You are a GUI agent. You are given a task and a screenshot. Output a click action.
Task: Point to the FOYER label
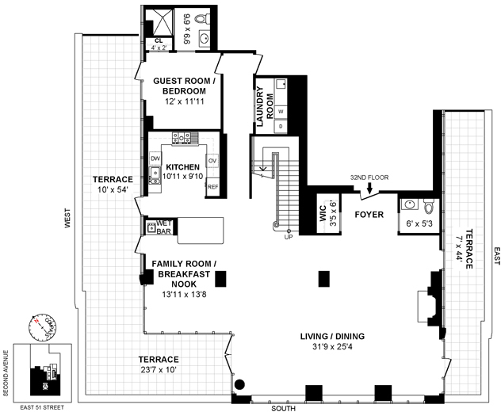click(x=369, y=214)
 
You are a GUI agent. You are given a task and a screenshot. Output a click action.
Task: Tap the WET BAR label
click(x=164, y=227)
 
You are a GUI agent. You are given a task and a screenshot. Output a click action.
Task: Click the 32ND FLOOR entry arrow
click(x=369, y=189)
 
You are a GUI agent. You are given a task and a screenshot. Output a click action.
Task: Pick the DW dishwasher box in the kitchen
click(x=155, y=159)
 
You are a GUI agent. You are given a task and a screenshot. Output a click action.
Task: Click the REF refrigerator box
click(x=212, y=187)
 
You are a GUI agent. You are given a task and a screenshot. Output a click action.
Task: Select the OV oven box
click(x=212, y=161)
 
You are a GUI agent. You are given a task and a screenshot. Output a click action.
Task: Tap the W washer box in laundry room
click(x=281, y=112)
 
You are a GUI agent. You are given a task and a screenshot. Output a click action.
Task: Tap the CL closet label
click(x=159, y=40)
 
